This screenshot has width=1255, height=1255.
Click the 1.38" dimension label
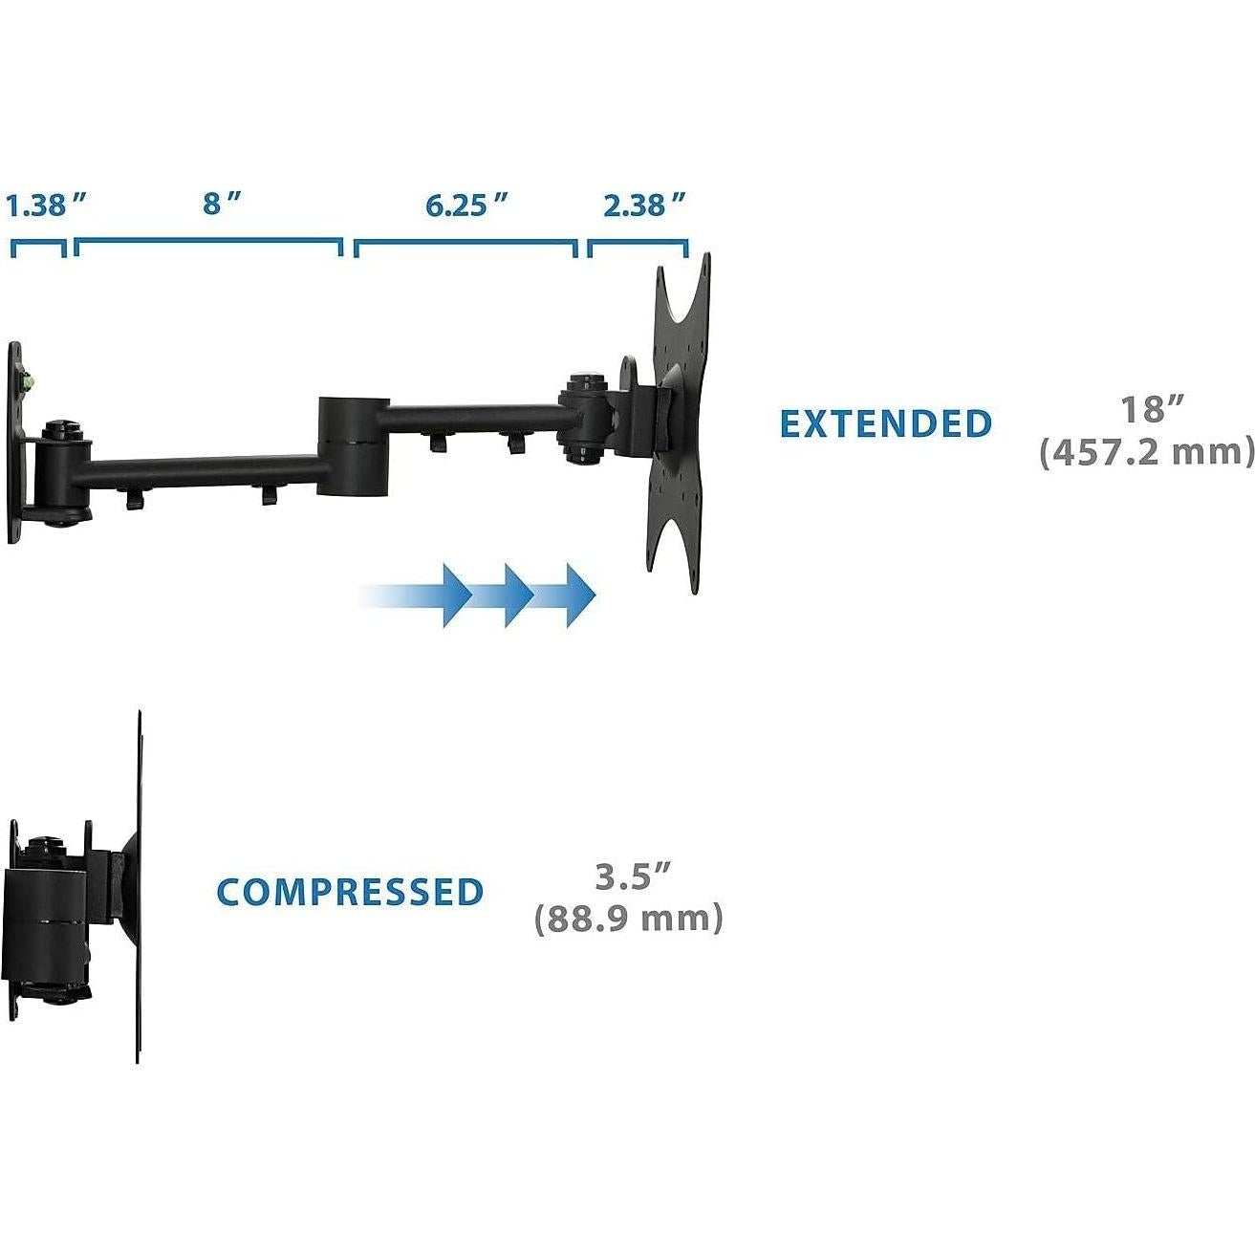46,206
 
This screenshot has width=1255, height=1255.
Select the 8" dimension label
221,204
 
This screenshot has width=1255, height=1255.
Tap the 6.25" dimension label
465,205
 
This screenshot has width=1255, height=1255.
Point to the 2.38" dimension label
644,205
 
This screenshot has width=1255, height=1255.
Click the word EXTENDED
886,423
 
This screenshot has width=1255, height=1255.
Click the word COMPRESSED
350,892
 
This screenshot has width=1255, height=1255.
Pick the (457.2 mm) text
1146,451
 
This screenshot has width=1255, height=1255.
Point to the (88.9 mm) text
629,919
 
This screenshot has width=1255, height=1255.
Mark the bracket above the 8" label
208,246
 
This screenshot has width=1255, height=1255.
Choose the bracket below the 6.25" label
465,247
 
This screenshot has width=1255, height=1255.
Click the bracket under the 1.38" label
38,247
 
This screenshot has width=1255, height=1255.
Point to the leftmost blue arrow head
454,595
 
